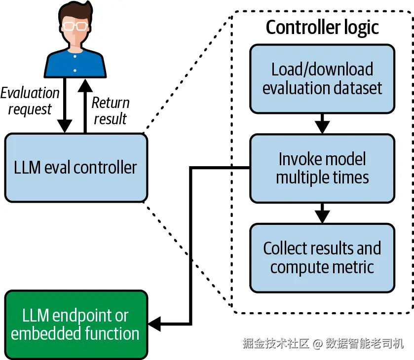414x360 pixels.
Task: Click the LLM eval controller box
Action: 76,168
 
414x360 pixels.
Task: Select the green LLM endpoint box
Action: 76,324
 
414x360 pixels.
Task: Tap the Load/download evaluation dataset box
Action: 322,79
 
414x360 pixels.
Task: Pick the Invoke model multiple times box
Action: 322,168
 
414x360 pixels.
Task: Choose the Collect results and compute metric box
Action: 322,258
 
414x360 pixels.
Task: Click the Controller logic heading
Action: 322,28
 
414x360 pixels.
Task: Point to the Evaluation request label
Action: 30,101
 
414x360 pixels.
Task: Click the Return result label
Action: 111,110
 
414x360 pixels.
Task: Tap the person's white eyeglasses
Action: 75,26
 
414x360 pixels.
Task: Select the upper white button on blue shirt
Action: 75,56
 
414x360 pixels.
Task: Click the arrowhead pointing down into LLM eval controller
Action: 65,126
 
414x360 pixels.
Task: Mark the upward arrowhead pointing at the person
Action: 85,85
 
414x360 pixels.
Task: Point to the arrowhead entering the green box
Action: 154,324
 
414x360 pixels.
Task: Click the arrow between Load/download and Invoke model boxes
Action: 322,123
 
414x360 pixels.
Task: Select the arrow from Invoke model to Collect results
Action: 322,213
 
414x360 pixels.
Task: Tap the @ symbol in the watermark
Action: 318,344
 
